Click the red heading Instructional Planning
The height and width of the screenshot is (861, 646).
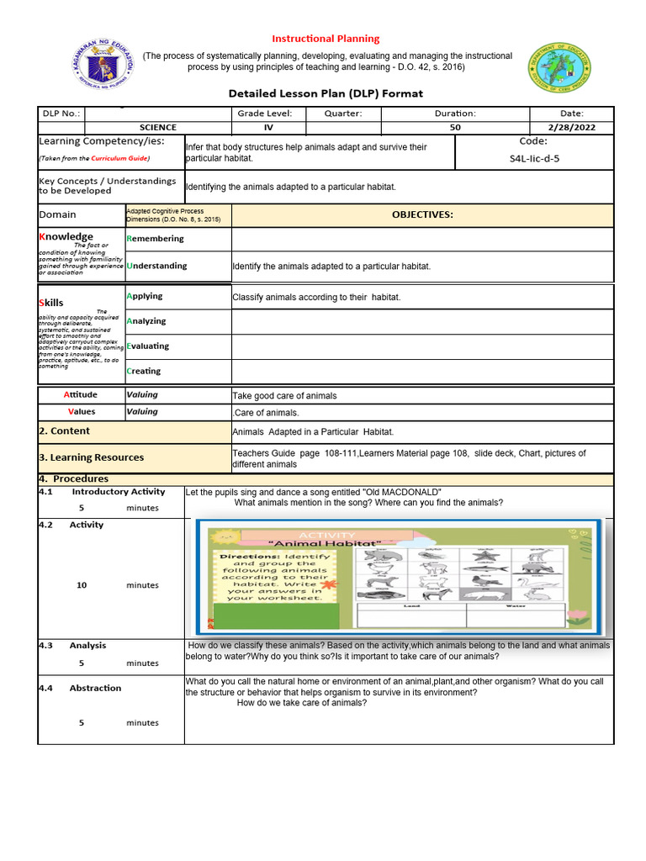[x=326, y=39]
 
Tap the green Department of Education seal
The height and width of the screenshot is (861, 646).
[x=559, y=69]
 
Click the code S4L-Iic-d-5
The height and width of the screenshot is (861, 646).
[x=533, y=157]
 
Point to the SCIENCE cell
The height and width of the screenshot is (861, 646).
[x=158, y=128]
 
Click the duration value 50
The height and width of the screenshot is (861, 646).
[x=455, y=128]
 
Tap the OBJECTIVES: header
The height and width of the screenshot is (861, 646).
[x=422, y=214]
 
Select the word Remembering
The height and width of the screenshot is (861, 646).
[x=155, y=239]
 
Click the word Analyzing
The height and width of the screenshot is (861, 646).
[x=146, y=321]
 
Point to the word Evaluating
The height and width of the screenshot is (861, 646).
[x=147, y=346]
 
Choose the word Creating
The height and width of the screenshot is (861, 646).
[x=143, y=371]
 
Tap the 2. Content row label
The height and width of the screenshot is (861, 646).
[x=65, y=430]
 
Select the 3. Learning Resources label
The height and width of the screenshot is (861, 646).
[x=91, y=457]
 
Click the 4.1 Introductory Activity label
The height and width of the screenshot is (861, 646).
[x=103, y=492]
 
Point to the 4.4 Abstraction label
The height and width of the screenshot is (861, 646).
[x=80, y=688]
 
